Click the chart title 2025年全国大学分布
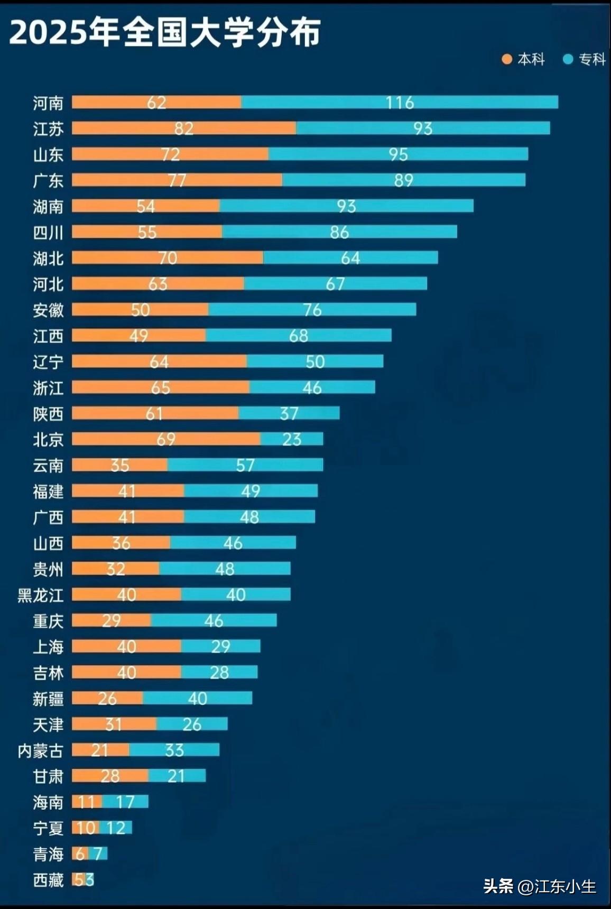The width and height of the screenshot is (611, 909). pyautogui.click(x=165, y=33)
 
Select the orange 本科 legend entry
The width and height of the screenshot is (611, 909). pyautogui.click(x=523, y=59)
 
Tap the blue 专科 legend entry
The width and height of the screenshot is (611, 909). pyautogui.click(x=585, y=59)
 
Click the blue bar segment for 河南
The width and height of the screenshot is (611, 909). pyautogui.click(x=400, y=102)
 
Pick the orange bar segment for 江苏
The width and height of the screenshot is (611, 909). pyautogui.click(x=183, y=128)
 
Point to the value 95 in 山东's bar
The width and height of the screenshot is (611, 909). pyautogui.click(x=398, y=154)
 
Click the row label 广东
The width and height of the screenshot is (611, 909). pyautogui.click(x=48, y=180)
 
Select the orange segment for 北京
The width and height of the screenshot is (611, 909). pyautogui.click(x=165, y=439)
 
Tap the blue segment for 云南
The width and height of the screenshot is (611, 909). pyautogui.click(x=245, y=465)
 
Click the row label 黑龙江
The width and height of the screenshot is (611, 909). pyautogui.click(x=40, y=595)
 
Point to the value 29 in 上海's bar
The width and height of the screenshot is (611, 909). pyautogui.click(x=220, y=646)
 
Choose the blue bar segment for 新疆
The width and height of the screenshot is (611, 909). pyautogui.click(x=197, y=698)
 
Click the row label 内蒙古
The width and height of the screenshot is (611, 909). pyautogui.click(x=40, y=750)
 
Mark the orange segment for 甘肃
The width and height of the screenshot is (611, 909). pyautogui.click(x=110, y=775)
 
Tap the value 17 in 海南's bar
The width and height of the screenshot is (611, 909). pyautogui.click(x=125, y=801)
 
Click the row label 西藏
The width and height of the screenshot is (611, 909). pyautogui.click(x=48, y=880)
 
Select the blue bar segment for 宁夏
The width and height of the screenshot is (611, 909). pyautogui.click(x=116, y=827)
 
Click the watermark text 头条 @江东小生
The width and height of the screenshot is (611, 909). pyautogui.click(x=540, y=886)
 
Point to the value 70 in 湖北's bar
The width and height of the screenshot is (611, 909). pyautogui.click(x=168, y=257)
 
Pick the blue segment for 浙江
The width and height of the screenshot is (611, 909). pyautogui.click(x=312, y=387)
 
